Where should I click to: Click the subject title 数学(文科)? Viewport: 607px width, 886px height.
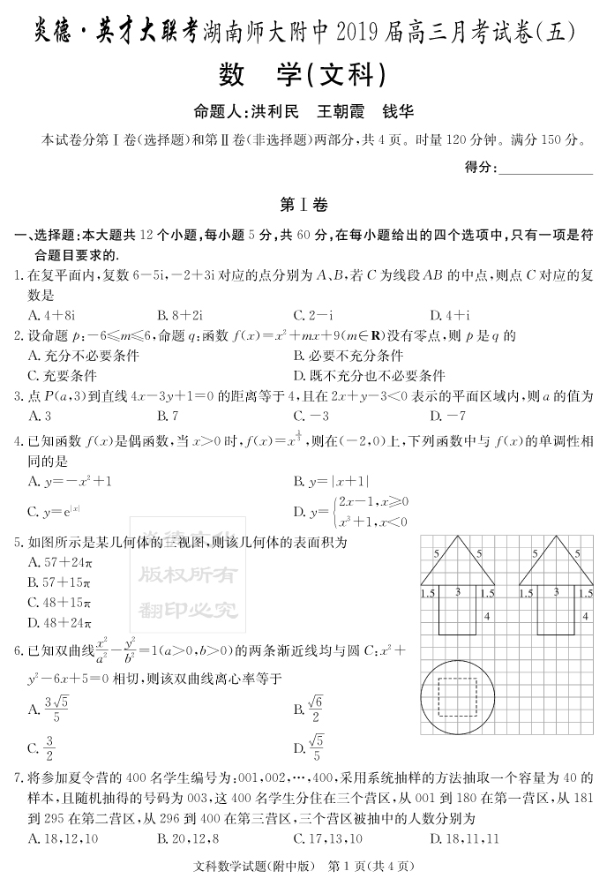[x=303, y=77]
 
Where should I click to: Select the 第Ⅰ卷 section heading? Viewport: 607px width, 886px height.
[x=303, y=205]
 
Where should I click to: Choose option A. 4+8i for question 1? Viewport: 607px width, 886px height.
[x=51, y=315]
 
